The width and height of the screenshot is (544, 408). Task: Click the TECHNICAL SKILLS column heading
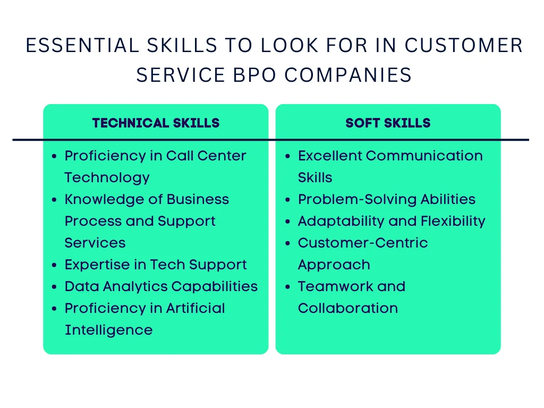tap(156, 123)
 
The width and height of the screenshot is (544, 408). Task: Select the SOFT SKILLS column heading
tap(388, 123)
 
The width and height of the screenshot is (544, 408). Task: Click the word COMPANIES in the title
tap(347, 75)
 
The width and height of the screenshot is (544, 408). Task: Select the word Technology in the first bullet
tap(107, 177)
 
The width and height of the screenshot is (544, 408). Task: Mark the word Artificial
tap(195, 308)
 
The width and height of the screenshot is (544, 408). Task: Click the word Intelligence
tap(108, 330)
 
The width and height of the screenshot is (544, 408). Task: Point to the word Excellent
tap(330, 156)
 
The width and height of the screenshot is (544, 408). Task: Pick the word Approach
tap(334, 265)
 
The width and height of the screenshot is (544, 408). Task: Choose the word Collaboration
tap(347, 308)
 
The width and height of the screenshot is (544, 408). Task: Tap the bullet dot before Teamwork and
tap(287, 287)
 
